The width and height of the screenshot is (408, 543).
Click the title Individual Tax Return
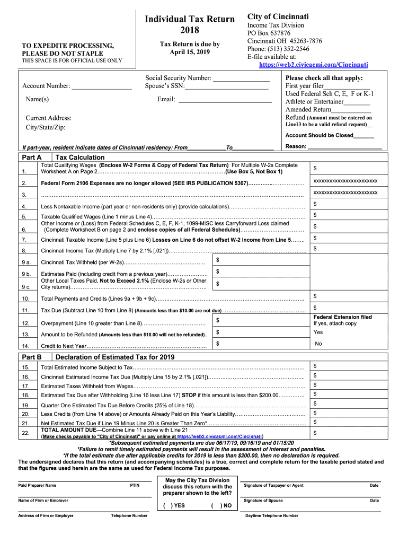[190, 19]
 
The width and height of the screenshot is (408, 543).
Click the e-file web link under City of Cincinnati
[313, 65]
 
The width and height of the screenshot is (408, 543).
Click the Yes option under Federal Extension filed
[318, 332]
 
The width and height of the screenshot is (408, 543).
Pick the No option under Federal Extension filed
[318, 344]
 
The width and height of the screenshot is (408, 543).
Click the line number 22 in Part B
[25, 433]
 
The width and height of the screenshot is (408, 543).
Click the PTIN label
[135, 485]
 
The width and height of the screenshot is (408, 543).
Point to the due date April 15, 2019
[190, 52]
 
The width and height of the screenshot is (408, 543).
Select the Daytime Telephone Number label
[271, 515]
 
